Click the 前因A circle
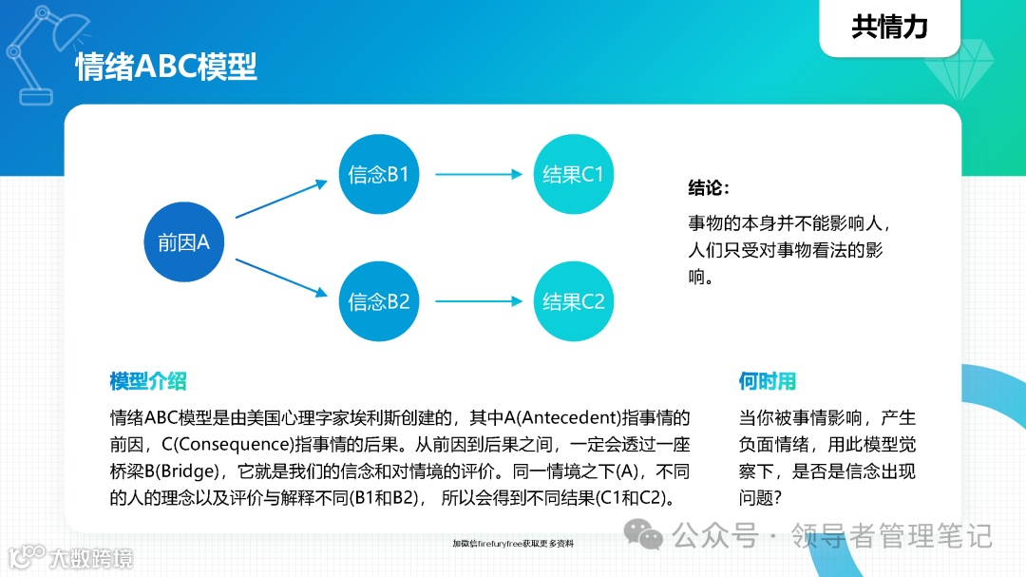183,242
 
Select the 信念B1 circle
379,175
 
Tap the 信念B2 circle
379,302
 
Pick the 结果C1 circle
573,175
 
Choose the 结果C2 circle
573,302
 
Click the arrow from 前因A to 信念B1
280,202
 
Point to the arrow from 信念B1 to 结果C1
480,175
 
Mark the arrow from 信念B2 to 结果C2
480,302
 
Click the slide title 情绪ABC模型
166,67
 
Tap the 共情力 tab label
889,27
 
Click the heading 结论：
709,187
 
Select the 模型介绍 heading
148,382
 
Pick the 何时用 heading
767,382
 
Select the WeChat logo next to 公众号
650,537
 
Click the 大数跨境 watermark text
92,558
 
